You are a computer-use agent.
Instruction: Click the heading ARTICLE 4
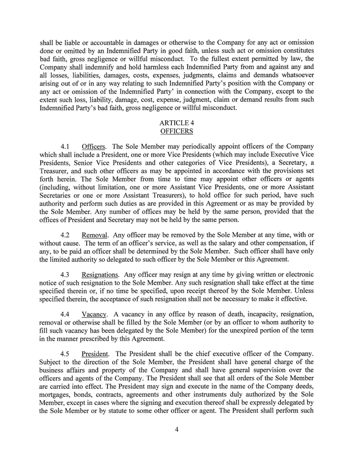pos(180,123)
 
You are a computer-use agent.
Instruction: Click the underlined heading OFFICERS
pos(180,131)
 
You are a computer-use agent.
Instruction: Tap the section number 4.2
pos(66,235)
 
